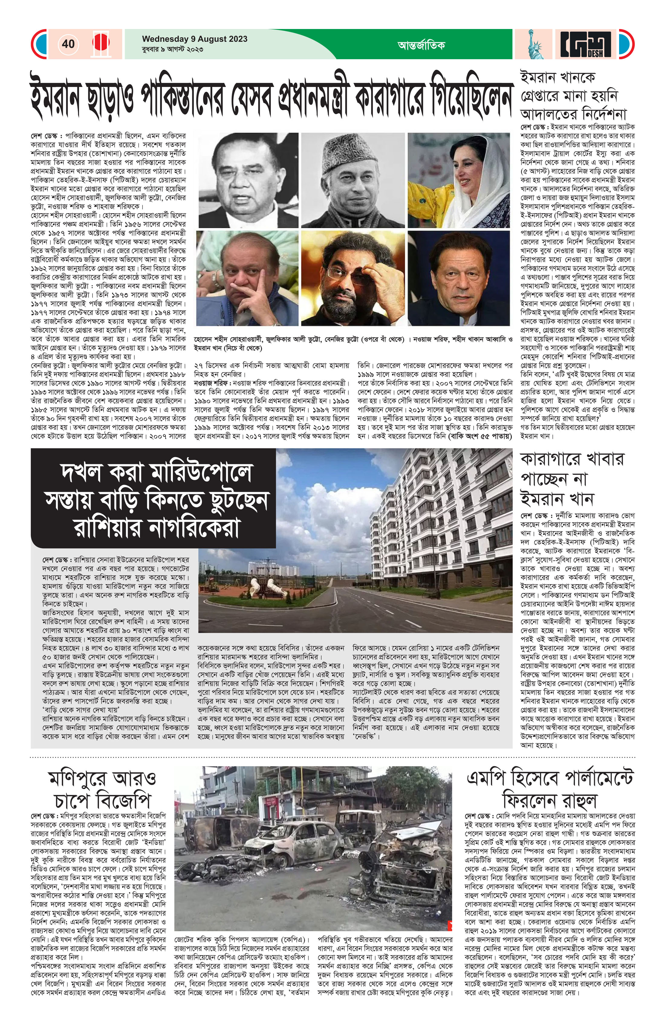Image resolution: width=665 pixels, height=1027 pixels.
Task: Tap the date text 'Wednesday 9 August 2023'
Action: pyautogui.click(x=194, y=39)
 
